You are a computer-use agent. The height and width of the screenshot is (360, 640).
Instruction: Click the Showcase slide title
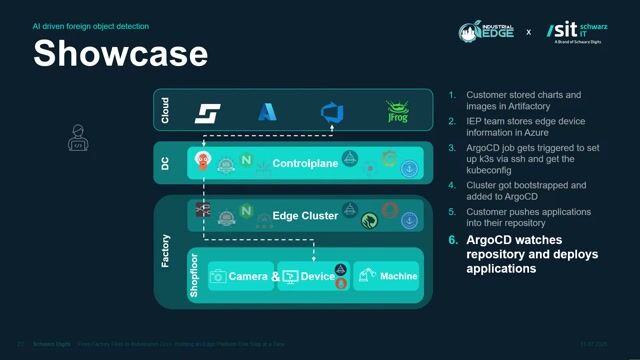[121, 52]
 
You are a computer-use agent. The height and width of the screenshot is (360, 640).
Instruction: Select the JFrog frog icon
[399, 111]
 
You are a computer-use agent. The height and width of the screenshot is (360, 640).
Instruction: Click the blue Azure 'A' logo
[267, 112]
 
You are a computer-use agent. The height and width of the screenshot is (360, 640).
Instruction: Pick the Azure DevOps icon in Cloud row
[331, 112]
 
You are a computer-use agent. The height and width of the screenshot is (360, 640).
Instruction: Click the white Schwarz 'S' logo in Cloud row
[207, 112]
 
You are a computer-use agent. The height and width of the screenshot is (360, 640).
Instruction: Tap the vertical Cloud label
[165, 111]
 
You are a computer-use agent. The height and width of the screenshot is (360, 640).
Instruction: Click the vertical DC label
[165, 162]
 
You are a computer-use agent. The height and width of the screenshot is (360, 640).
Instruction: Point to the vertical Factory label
[165, 251]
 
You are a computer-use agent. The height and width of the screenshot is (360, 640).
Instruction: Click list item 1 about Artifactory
[520, 101]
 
